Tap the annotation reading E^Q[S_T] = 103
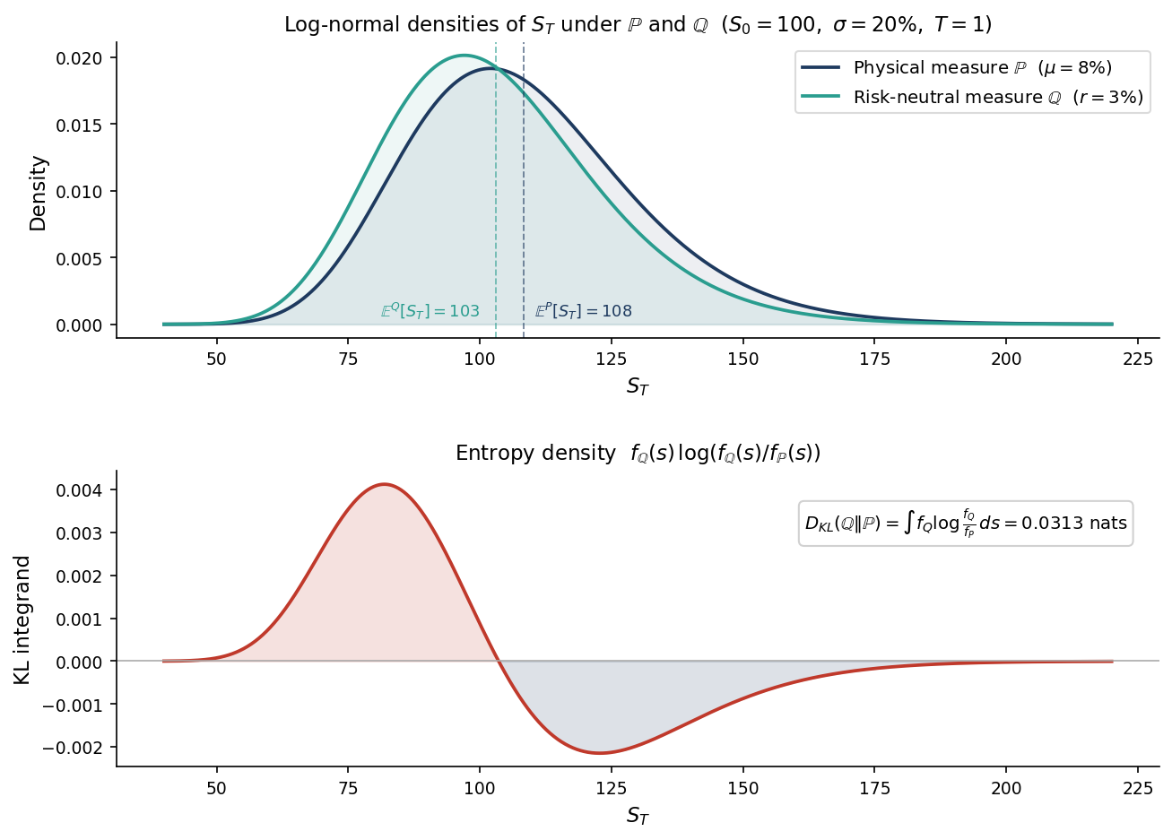pos(430,311)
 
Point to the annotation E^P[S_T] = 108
pos(584,311)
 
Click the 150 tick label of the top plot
pos(743,359)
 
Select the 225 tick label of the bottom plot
pos(1138,788)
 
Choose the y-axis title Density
pos(38,193)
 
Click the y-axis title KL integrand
pos(23,619)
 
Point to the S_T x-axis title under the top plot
pos(638,387)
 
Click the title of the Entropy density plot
pos(638,454)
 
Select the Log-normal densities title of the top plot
pos(638,25)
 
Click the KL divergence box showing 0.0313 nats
pos(966,523)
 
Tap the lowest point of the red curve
pos(599,752)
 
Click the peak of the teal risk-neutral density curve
pos(464,56)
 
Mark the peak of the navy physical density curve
pos(491,68)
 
